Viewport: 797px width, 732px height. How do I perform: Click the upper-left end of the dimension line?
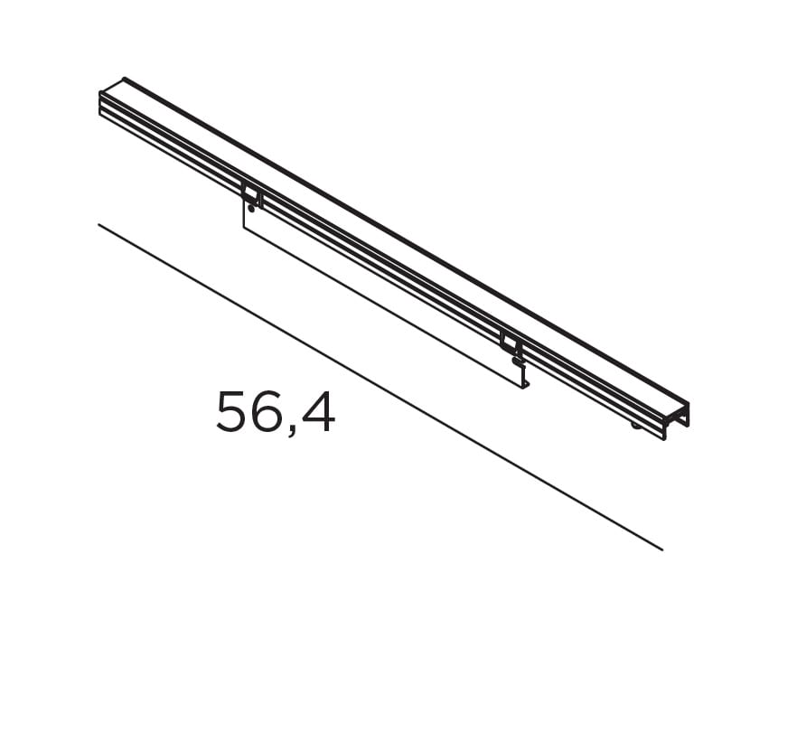(99, 225)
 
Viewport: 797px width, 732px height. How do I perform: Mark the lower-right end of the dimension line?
(661, 549)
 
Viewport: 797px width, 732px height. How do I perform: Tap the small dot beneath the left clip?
(251, 209)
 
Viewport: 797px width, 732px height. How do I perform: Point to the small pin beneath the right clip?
(517, 361)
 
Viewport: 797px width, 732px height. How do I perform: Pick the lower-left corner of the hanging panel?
(244, 227)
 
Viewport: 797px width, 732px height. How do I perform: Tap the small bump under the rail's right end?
(637, 425)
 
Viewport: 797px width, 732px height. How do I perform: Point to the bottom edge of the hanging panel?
(384, 308)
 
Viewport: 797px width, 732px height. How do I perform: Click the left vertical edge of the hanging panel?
(244, 214)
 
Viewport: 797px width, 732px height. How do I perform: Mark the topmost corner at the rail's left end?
(124, 79)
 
